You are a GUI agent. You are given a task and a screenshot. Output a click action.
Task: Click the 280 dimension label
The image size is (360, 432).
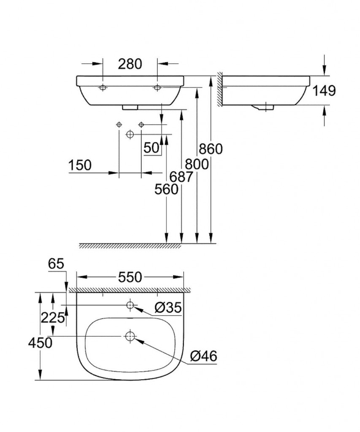pyautogui.click(x=130, y=64)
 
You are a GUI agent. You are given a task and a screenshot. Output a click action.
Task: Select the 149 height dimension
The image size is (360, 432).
pyautogui.click(x=324, y=91)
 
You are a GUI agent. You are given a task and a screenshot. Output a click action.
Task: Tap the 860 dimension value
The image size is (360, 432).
pyautogui.click(x=210, y=148)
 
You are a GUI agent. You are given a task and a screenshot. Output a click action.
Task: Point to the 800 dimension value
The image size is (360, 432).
pyautogui.click(x=197, y=163)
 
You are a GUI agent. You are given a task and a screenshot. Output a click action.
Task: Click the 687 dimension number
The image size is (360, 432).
pyautogui.click(x=181, y=177)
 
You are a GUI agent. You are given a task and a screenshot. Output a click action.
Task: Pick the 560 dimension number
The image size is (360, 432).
pyautogui.click(x=166, y=190)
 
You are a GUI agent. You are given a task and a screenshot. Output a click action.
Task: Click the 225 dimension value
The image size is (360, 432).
pyautogui.click(x=52, y=318)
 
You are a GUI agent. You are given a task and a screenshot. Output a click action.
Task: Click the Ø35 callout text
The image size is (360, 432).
pyautogui.click(x=168, y=309)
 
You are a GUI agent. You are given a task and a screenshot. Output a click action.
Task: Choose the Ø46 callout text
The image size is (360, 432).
pyautogui.click(x=203, y=356)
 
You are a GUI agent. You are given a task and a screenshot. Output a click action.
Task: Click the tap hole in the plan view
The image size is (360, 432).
pyautogui.click(x=130, y=305)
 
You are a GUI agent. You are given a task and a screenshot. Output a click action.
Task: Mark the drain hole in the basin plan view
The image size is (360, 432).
pyautogui.click(x=130, y=336)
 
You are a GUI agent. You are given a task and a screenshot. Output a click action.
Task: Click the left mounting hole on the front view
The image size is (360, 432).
pyautogui.click(x=103, y=88)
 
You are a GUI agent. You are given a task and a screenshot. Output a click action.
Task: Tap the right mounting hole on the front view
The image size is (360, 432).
pyautogui.click(x=157, y=88)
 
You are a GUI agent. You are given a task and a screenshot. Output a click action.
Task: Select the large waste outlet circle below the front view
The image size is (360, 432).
pyautogui.click(x=130, y=134)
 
